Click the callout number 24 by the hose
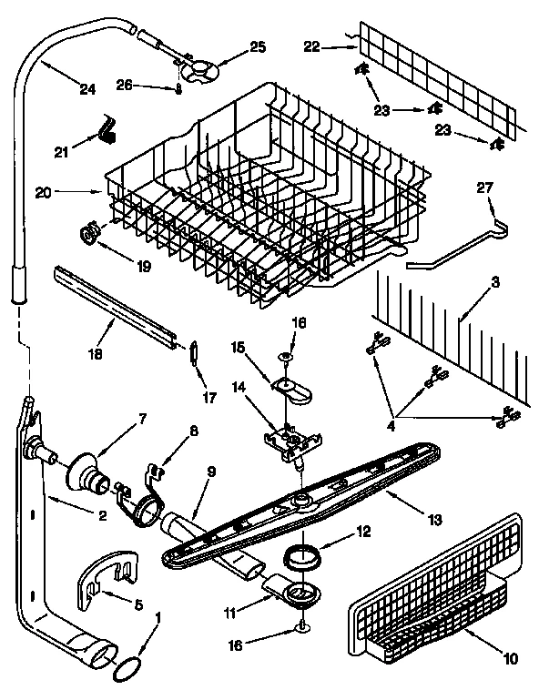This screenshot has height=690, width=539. pyautogui.click(x=86, y=89)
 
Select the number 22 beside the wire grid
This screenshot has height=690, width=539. pyautogui.click(x=312, y=46)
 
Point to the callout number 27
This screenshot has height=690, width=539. pyautogui.click(x=484, y=188)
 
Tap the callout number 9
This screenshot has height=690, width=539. pyautogui.click(x=211, y=472)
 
